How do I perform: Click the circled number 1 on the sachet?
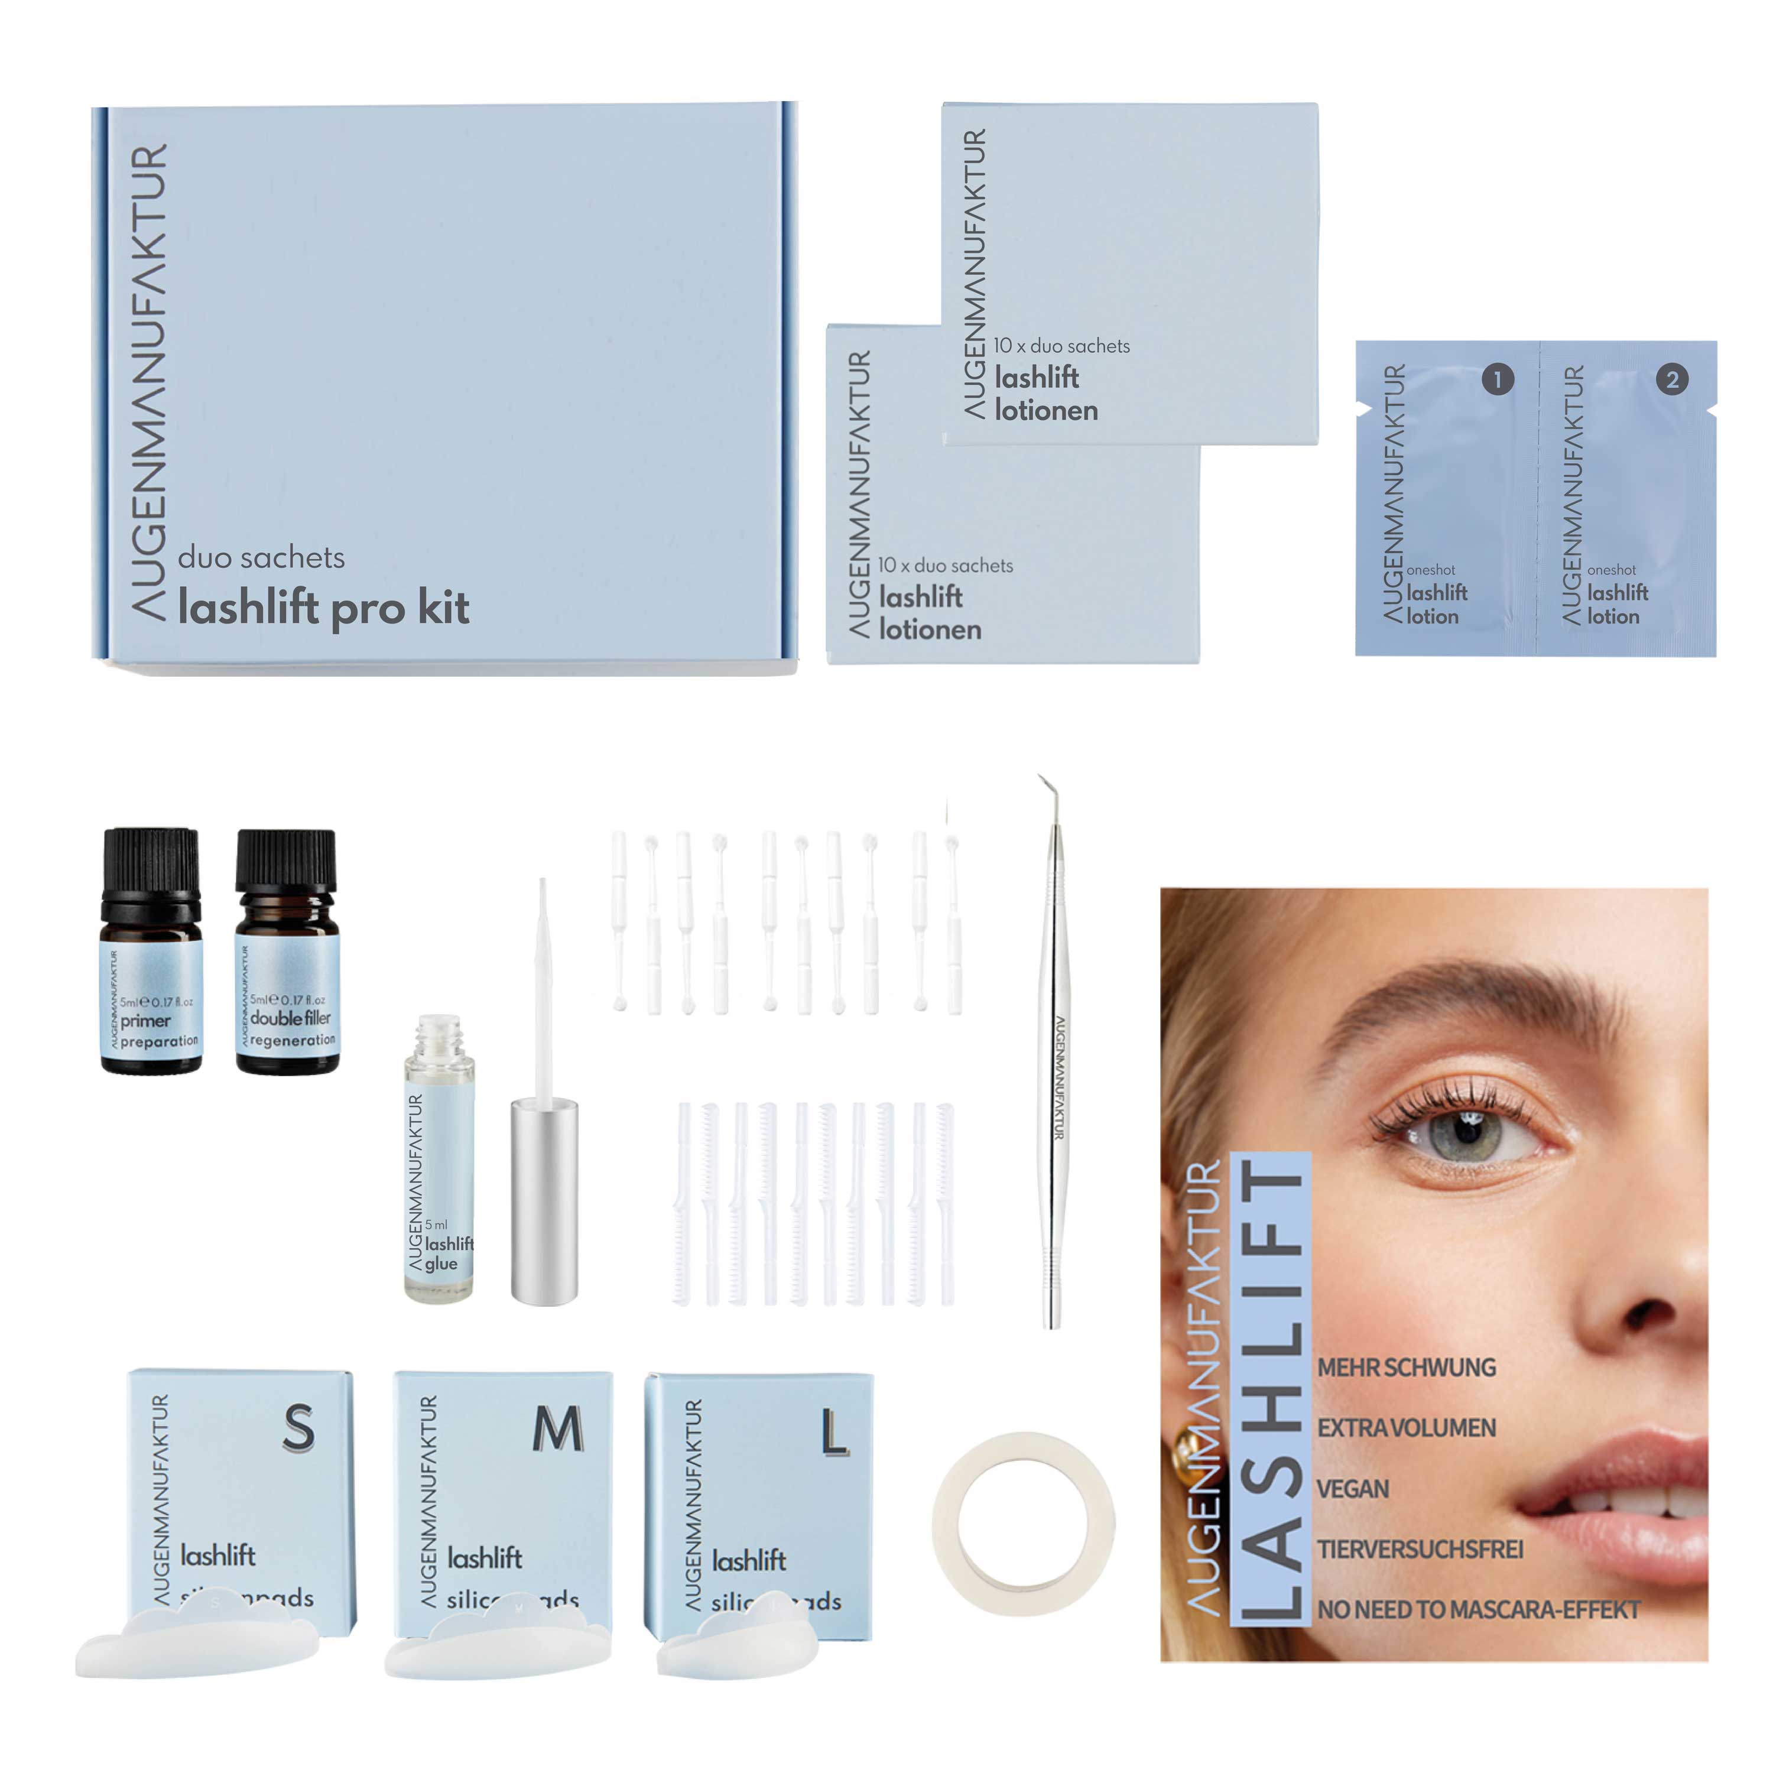click(1498, 379)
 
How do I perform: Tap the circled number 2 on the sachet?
click(1672, 379)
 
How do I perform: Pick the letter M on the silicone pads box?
click(558, 1429)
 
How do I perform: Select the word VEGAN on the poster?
click(1353, 1489)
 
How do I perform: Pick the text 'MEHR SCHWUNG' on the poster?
click(1406, 1368)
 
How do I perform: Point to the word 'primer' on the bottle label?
click(146, 1021)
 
